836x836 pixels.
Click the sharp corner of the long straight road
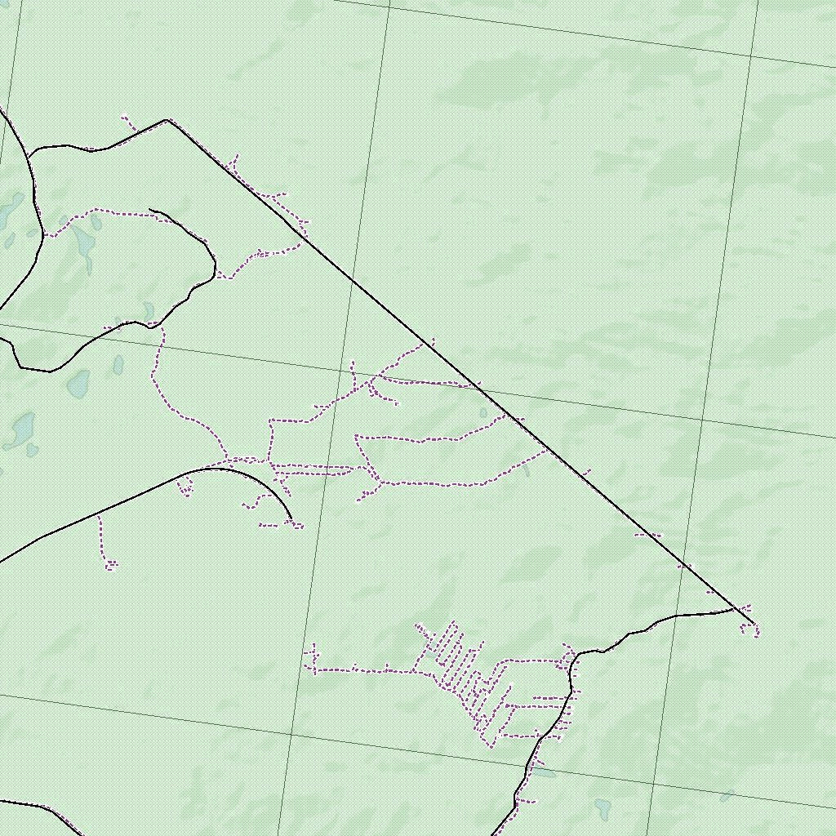click(167, 120)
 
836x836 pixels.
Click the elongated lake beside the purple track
click(83, 246)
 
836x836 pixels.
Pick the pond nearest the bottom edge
click(603, 807)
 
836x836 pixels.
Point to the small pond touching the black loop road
click(149, 311)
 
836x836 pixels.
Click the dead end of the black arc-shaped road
click(291, 518)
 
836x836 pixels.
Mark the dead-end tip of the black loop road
click(150, 211)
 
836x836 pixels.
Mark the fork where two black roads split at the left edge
click(31, 153)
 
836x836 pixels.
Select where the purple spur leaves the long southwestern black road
click(98, 515)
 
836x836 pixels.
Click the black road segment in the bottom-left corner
click(41, 808)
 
